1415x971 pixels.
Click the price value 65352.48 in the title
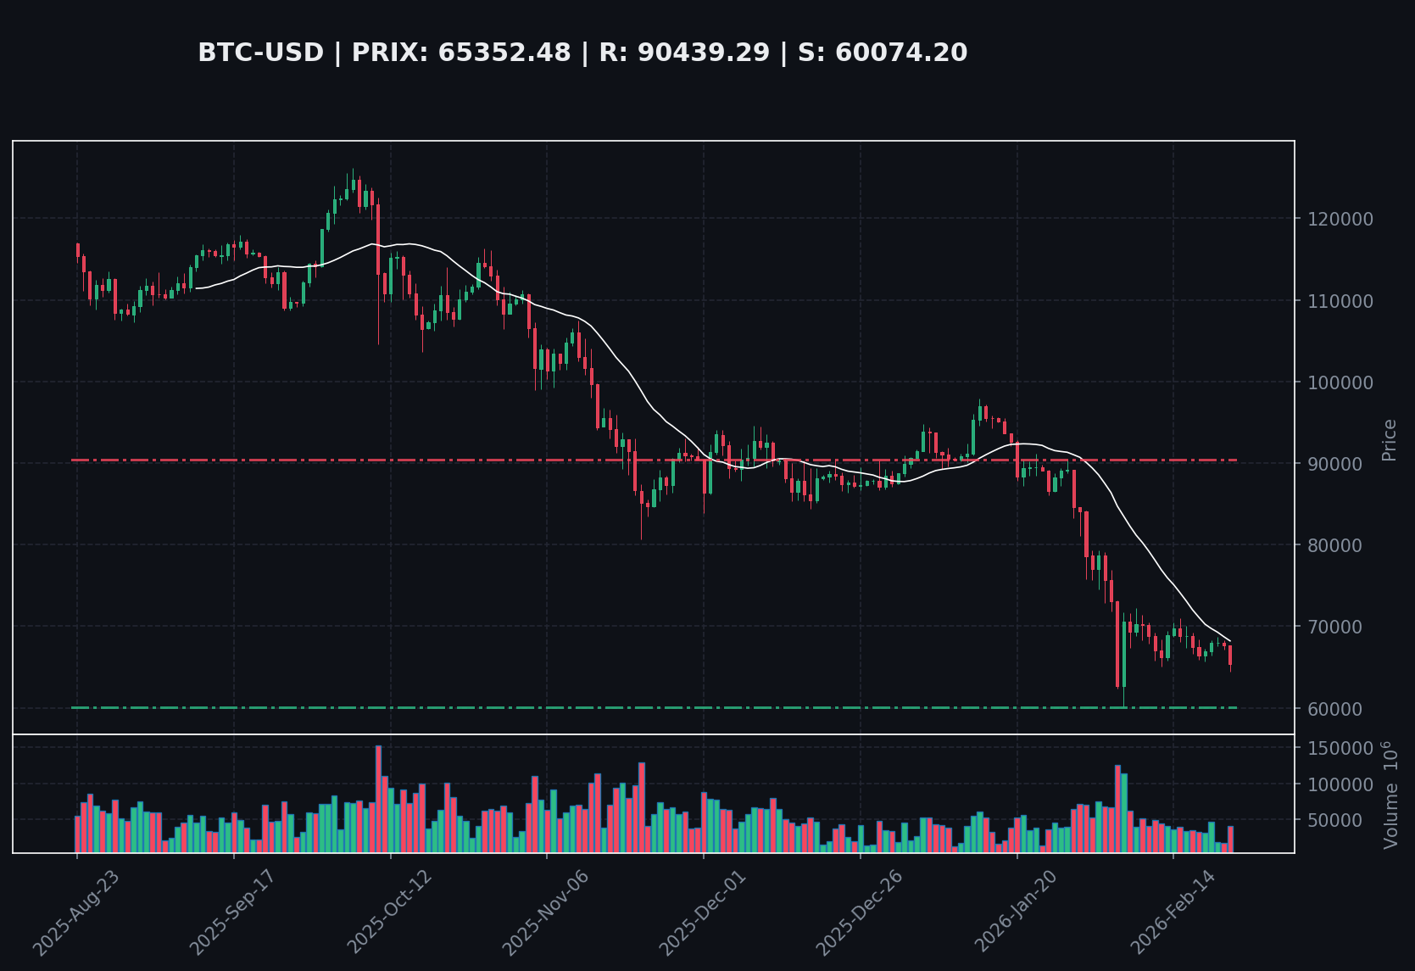[x=504, y=53]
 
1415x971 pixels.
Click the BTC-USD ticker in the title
[x=260, y=53]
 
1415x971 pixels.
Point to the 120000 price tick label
[x=1341, y=219]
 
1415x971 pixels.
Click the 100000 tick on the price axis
[x=1341, y=382]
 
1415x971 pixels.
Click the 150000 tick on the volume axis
[x=1341, y=749]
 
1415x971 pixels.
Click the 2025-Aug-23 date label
[x=76, y=912]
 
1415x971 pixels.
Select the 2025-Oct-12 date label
[x=389, y=912]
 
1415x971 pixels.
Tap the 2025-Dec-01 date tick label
[x=702, y=912]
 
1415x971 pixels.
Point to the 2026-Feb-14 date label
[x=1173, y=912]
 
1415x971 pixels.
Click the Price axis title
[x=1389, y=440]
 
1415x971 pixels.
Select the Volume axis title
[x=1390, y=795]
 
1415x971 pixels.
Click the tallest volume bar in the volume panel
[x=378, y=799]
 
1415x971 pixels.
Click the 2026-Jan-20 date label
[x=1016, y=912]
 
